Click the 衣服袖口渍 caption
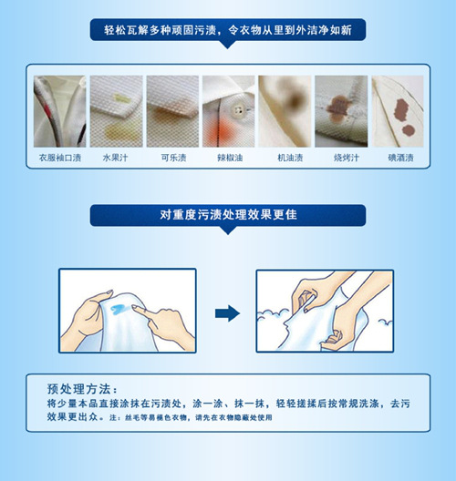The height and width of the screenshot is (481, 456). click(60, 158)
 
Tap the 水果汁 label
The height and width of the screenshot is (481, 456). click(115, 158)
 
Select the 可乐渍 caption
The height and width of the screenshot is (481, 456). click(174, 158)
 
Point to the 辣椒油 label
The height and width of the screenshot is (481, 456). click(230, 158)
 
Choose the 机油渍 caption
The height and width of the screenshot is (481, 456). click(290, 158)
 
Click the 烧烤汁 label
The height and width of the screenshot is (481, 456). click(347, 158)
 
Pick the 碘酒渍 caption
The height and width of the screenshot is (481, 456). click(400, 158)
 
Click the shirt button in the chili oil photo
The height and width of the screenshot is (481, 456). click(238, 108)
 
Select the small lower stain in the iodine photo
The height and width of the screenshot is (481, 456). click(409, 130)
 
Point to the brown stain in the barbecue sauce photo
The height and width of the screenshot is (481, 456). click(337, 107)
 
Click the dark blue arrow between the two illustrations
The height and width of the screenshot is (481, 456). click(227, 313)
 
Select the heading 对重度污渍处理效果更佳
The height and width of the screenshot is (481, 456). click(228, 215)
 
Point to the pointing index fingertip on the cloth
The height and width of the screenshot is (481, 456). click(134, 307)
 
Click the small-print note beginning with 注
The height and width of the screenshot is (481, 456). click(191, 417)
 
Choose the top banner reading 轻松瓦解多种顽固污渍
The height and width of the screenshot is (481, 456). click(227, 30)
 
